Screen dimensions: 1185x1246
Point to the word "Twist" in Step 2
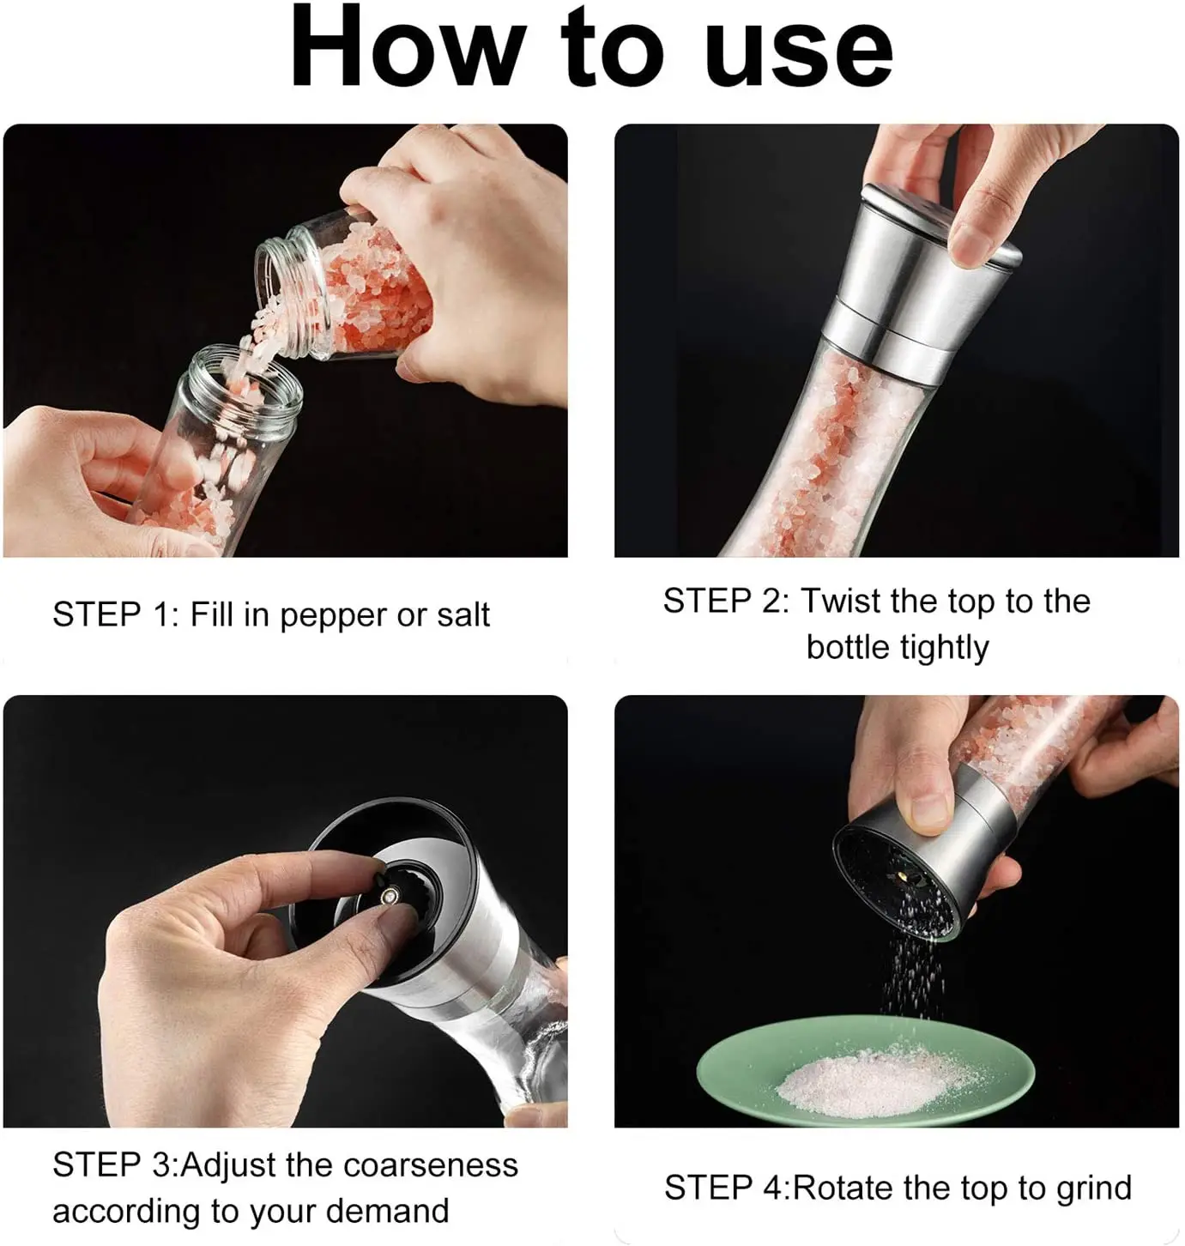[x=840, y=601]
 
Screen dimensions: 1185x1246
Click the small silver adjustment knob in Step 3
[x=390, y=895]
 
